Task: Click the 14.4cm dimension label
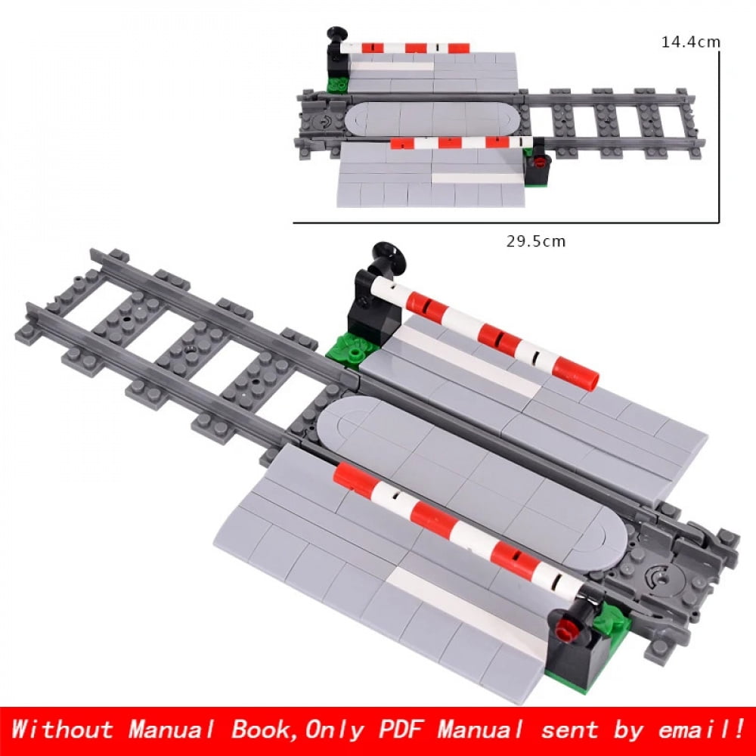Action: click(690, 42)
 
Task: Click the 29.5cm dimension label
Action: click(535, 241)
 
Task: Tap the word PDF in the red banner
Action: click(392, 730)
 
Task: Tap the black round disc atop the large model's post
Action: click(389, 257)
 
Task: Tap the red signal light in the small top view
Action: click(539, 160)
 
